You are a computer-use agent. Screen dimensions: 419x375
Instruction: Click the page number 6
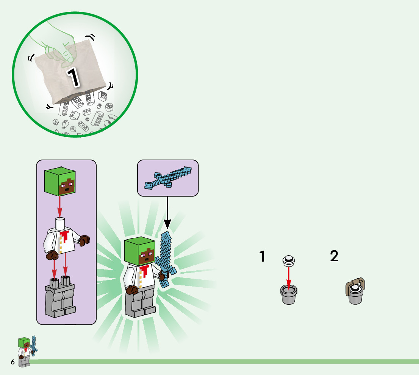click(x=13, y=362)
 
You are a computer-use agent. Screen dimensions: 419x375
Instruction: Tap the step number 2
click(x=334, y=256)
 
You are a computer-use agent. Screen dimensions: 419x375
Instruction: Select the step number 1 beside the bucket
click(x=262, y=256)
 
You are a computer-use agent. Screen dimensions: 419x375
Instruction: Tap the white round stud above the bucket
click(x=289, y=260)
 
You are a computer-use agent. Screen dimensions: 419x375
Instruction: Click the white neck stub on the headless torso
click(x=59, y=224)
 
